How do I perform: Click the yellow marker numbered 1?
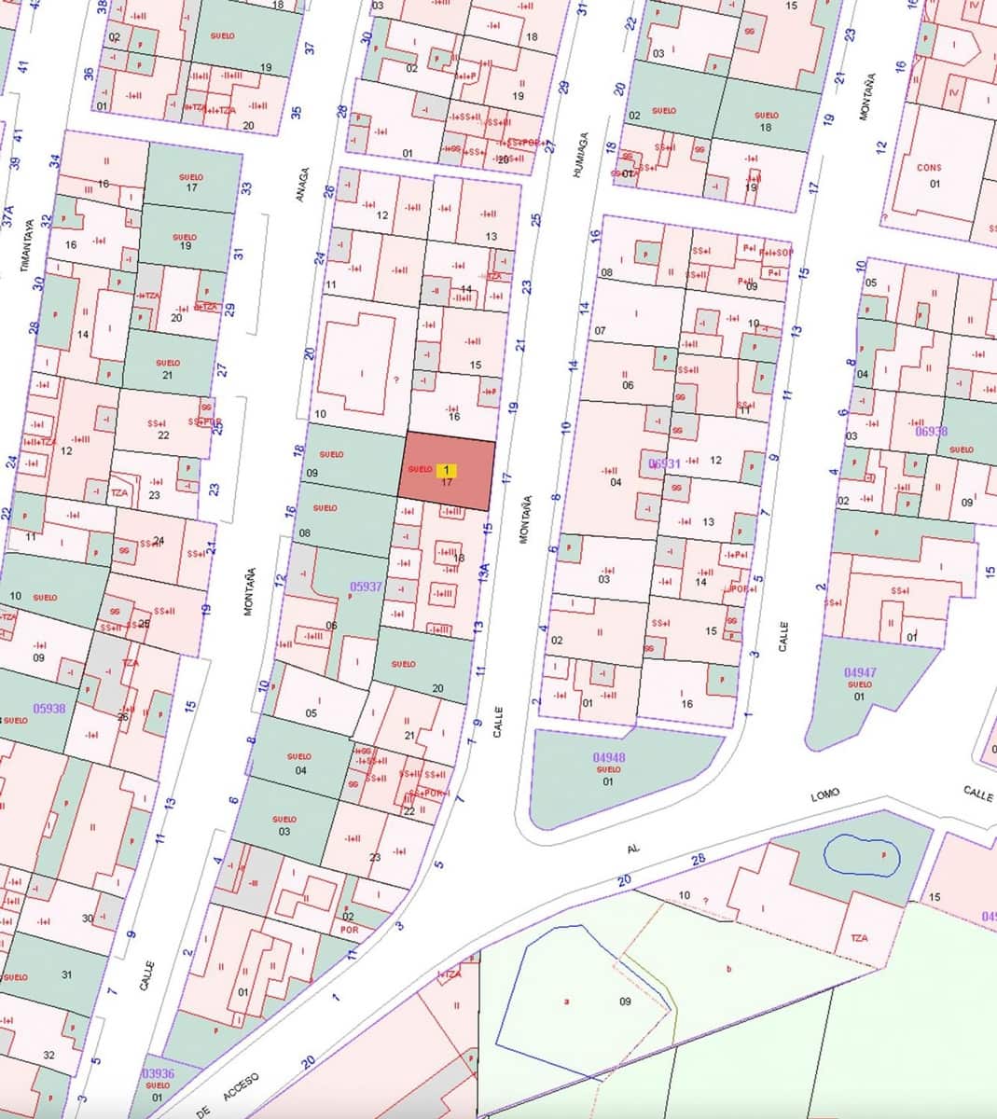click(447, 470)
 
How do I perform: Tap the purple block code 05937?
click(366, 587)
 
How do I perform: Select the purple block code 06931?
click(665, 463)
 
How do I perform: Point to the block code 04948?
click(608, 758)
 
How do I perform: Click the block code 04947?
click(859, 672)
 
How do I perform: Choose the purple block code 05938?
click(48, 708)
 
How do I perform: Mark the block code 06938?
click(931, 431)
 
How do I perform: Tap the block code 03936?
click(158, 1073)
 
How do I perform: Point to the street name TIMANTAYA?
click(27, 245)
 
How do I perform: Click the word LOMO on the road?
click(824, 794)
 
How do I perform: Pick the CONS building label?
click(929, 168)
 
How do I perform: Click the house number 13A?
click(482, 572)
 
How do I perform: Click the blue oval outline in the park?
click(863, 855)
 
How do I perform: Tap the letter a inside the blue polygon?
click(566, 1002)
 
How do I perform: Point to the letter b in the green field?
click(728, 969)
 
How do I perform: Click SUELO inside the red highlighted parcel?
click(420, 469)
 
